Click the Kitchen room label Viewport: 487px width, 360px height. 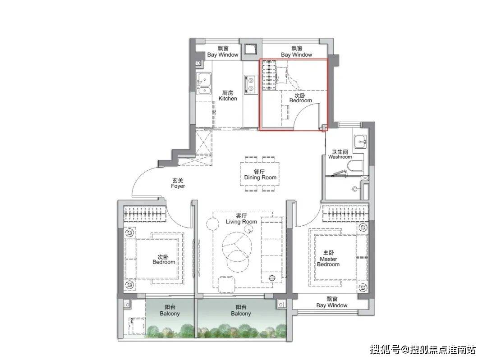[x=228, y=96]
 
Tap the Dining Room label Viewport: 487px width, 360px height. [x=260, y=174]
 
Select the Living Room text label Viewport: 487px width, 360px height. [x=241, y=219]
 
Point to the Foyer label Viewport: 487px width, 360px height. [x=178, y=183]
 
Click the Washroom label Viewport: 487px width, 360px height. [x=340, y=154]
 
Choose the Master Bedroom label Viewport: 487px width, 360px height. [x=328, y=259]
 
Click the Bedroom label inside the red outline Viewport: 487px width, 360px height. [x=300, y=98]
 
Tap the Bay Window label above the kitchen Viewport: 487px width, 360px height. [x=223, y=51]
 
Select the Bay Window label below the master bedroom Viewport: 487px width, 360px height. [x=332, y=302]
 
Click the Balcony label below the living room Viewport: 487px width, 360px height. [x=241, y=310]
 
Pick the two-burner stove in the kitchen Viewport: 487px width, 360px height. [x=250, y=84]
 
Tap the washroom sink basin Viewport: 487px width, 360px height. [x=360, y=141]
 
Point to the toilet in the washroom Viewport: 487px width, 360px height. [x=356, y=166]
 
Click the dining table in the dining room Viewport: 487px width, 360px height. [x=260, y=174]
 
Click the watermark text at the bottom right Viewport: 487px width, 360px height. [x=423, y=350]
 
